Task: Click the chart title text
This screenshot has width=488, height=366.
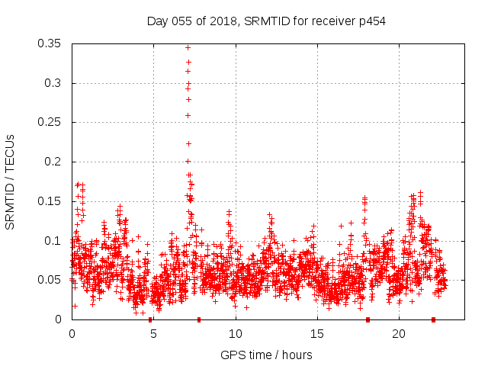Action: (x=266, y=21)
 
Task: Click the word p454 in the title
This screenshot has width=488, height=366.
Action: (x=371, y=21)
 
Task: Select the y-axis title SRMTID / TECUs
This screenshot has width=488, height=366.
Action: (x=11, y=181)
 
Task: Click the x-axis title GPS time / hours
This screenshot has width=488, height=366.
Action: (x=266, y=355)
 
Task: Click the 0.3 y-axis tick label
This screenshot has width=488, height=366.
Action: (x=55, y=83)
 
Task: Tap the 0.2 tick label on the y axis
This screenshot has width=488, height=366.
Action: (x=55, y=162)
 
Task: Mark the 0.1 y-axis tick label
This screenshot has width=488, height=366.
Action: (x=55, y=240)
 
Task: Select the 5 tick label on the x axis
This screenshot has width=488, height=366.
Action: (x=153, y=334)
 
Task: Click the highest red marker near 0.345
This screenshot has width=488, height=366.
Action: (x=188, y=47)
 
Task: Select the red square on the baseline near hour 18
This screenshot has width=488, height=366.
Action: (x=368, y=319)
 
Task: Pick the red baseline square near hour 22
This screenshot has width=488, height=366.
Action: (x=433, y=319)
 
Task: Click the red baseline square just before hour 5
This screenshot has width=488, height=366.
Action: (x=150, y=319)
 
